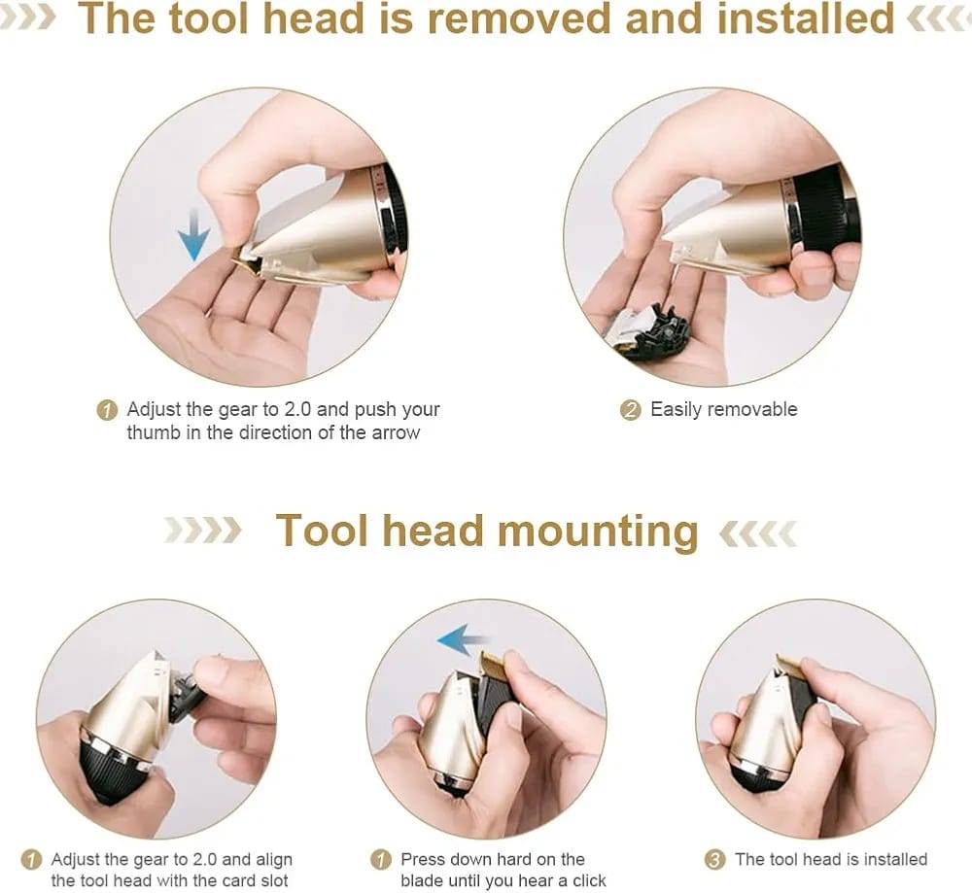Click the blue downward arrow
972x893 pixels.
pyautogui.click(x=193, y=235)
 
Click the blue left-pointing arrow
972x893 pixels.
pyautogui.click(x=463, y=639)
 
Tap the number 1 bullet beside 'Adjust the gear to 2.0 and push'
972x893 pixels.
pyautogui.click(x=107, y=410)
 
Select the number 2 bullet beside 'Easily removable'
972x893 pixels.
pyautogui.click(x=631, y=410)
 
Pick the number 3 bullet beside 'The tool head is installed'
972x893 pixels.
pyautogui.click(x=714, y=860)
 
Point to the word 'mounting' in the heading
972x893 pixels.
pyautogui.click(x=598, y=532)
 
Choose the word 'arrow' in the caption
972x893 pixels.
pyautogui.click(x=397, y=432)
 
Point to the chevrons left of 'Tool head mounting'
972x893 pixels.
pyautogui.click(x=203, y=531)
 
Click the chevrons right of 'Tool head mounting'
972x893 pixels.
pyautogui.click(x=758, y=532)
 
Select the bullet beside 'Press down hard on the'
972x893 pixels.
pyautogui.click(x=380, y=860)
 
